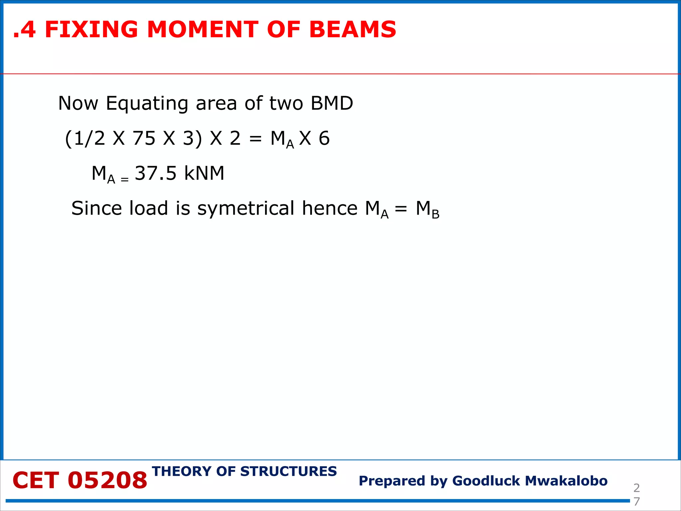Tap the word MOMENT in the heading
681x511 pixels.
pyautogui.click(x=202, y=30)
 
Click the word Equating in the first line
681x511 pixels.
pyautogui.click(x=147, y=104)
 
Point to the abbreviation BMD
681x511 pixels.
pyautogui.click(x=332, y=103)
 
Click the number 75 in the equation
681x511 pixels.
pyautogui.click(x=144, y=138)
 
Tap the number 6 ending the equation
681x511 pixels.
pyautogui.click(x=324, y=138)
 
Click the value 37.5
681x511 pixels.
pyautogui.click(x=155, y=173)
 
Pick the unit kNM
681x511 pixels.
pyautogui.click(x=204, y=173)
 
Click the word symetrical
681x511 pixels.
pyautogui.click(x=246, y=209)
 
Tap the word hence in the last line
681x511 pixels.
pyautogui.click(x=330, y=208)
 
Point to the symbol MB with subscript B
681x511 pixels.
pyautogui.click(x=427, y=210)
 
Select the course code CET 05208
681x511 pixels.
pyautogui.click(x=80, y=481)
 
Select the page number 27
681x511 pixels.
pyautogui.click(x=636, y=494)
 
